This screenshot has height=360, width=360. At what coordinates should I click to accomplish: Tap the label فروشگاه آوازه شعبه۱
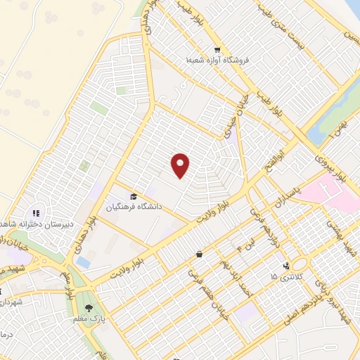pyautogui.click(x=217, y=62)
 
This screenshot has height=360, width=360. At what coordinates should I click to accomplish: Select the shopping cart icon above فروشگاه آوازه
pyautogui.click(x=217, y=50)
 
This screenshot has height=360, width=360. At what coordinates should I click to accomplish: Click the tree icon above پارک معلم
pyautogui.click(x=89, y=307)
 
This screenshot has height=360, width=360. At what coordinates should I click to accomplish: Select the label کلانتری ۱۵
pyautogui.click(x=285, y=276)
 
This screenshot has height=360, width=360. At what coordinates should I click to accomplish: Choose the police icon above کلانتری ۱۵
pyautogui.click(x=285, y=265)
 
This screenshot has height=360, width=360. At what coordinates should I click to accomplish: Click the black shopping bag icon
pyautogui.click(x=200, y=253)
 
